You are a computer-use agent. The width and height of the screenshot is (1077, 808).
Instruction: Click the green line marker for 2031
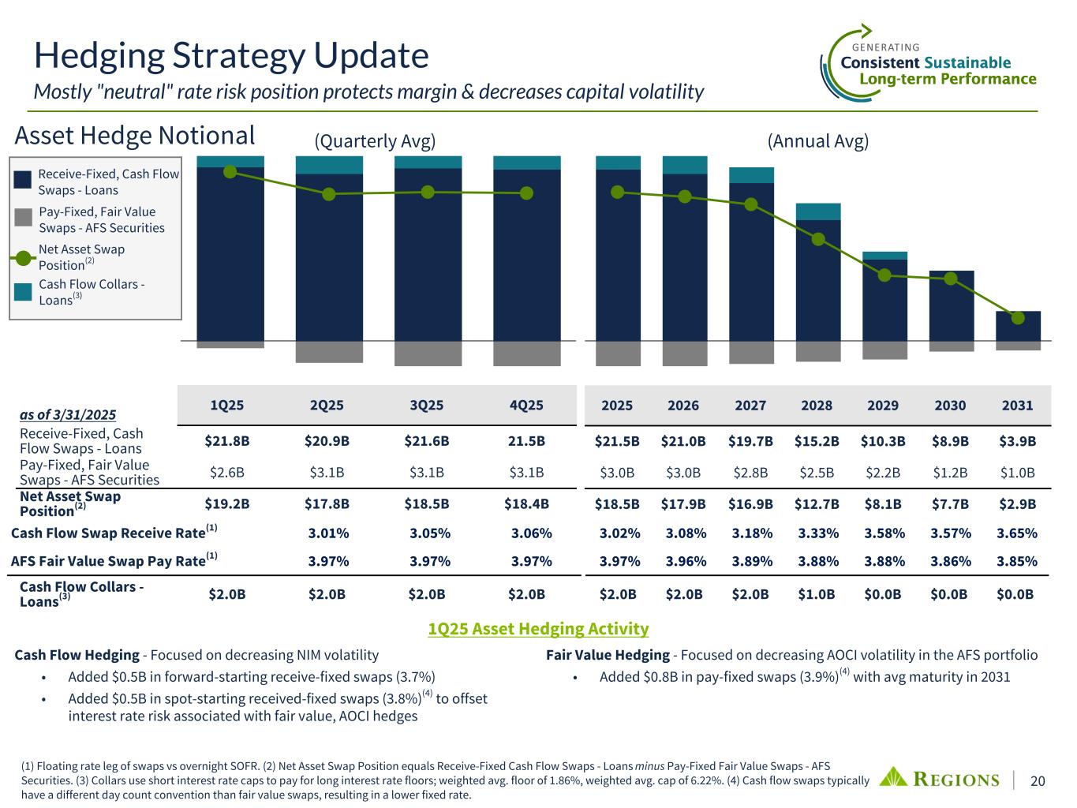point(1018,318)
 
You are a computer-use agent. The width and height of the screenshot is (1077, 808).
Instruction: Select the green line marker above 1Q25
point(230,171)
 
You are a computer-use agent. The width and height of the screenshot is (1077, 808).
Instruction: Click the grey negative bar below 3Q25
point(428,353)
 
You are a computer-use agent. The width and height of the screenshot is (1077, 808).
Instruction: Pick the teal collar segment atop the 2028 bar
point(818,211)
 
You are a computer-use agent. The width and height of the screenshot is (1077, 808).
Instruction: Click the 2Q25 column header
point(327,406)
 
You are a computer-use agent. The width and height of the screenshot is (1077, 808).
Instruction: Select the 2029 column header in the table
point(883,406)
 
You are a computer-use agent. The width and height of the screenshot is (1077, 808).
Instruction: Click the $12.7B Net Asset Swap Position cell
point(817,503)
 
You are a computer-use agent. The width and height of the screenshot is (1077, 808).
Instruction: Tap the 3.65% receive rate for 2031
point(1017,533)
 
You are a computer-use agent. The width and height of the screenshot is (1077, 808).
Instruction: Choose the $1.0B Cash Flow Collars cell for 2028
point(817,594)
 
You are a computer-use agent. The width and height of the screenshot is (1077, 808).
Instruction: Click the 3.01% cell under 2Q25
point(328,533)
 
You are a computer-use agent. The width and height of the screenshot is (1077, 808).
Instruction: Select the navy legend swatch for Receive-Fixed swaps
point(24,181)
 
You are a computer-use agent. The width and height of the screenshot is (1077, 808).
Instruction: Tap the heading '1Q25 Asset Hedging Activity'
point(538,629)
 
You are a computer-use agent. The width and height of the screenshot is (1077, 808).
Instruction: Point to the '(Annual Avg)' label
point(818,141)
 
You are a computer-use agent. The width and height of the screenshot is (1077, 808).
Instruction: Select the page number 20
point(1038,780)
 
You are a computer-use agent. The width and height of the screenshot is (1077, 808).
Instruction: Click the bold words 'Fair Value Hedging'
point(607,655)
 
